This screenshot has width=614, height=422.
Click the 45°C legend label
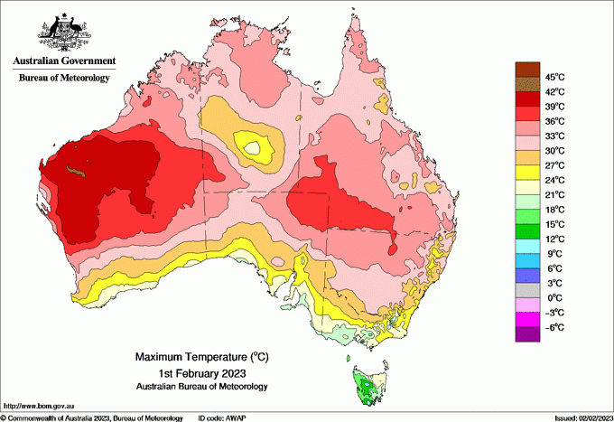tap(554, 77)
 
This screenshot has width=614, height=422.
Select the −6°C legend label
tap(554, 327)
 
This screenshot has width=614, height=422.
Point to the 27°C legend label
tap(554, 165)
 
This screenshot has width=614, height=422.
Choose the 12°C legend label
tap(554, 239)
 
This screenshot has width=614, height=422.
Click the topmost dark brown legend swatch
tap(526, 69)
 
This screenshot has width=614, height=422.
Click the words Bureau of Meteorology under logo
tap(64, 78)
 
